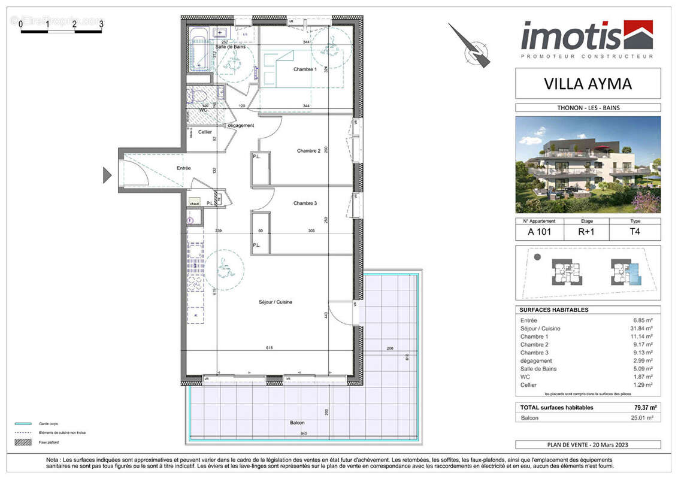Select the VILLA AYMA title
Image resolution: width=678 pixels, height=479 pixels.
tap(588, 84)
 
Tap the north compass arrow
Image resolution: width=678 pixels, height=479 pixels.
tap(470, 45)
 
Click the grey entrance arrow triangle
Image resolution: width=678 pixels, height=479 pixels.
tap(107, 175)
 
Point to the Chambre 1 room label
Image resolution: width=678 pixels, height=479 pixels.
tap(305, 69)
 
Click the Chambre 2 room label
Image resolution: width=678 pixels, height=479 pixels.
tap(308, 151)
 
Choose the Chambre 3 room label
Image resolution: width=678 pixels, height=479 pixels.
tap(305, 204)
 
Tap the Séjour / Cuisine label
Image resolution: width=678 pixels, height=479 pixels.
tap(275, 302)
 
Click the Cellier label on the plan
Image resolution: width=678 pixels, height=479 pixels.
tap(197, 132)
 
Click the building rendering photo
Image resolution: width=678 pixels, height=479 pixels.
tap(588, 165)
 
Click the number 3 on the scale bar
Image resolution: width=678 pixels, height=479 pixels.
tap(101, 24)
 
